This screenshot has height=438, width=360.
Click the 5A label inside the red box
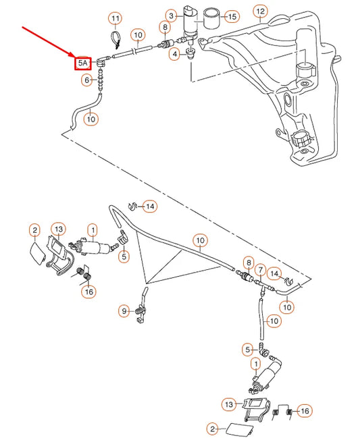click(83, 63)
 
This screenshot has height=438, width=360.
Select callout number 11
click(115, 18)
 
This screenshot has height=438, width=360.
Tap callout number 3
click(172, 16)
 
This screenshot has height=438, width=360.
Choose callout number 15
click(232, 16)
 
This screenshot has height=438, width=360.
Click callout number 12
click(260, 11)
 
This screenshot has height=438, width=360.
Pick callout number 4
click(174, 53)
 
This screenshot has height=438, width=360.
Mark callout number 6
click(86, 80)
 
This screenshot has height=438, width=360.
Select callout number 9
click(124, 311)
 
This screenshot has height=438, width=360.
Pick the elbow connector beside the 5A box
click(102, 62)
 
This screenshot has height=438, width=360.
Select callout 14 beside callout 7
click(274, 273)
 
